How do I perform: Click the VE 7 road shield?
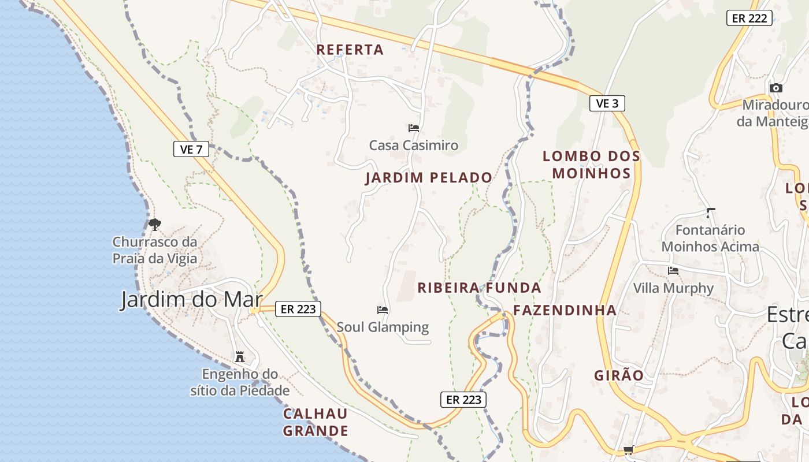tap(191, 149)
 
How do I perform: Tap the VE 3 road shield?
tap(607, 103)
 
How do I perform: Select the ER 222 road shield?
tap(749, 18)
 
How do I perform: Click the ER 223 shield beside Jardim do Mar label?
tap(298, 309)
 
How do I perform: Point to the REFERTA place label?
tap(350, 50)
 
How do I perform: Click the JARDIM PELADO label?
tap(429, 178)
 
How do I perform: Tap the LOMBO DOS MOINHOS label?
tap(591, 165)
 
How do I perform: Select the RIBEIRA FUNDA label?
tap(479, 288)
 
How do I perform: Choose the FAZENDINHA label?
tap(565, 310)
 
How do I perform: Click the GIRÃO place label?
tap(619, 375)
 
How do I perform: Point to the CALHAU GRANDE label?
tap(316, 422)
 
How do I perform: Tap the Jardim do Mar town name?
tap(191, 300)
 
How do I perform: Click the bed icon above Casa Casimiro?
tap(414, 128)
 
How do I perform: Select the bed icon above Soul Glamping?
tap(383, 310)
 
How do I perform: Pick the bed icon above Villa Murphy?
tap(673, 270)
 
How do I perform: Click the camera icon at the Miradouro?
tap(776, 88)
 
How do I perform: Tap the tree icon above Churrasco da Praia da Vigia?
tap(154, 224)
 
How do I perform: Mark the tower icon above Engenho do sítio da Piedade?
tap(240, 356)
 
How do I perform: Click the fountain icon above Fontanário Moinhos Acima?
tap(710, 213)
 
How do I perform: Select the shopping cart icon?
tap(628, 450)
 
